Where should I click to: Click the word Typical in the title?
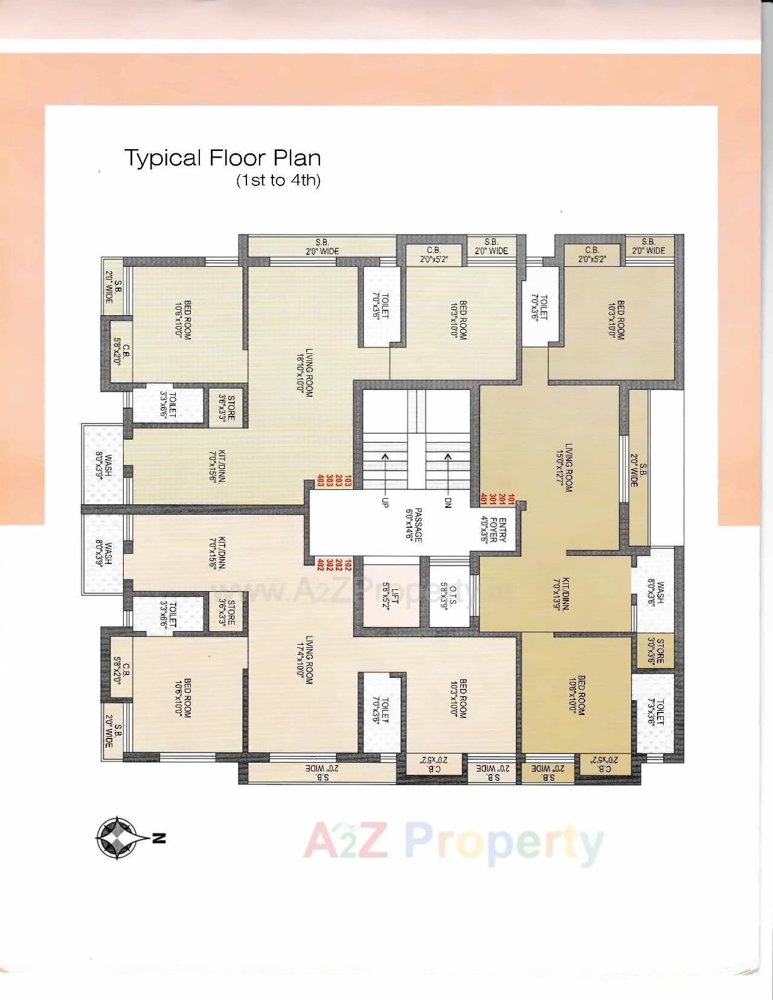162,159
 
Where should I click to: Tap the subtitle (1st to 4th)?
278,181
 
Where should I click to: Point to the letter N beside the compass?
158,838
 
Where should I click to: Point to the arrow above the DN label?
448,473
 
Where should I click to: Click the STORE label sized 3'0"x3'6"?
655,651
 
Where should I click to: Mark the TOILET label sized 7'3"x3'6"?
655,713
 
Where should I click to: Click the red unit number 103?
347,481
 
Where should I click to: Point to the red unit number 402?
319,564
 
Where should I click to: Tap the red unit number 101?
512,499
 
